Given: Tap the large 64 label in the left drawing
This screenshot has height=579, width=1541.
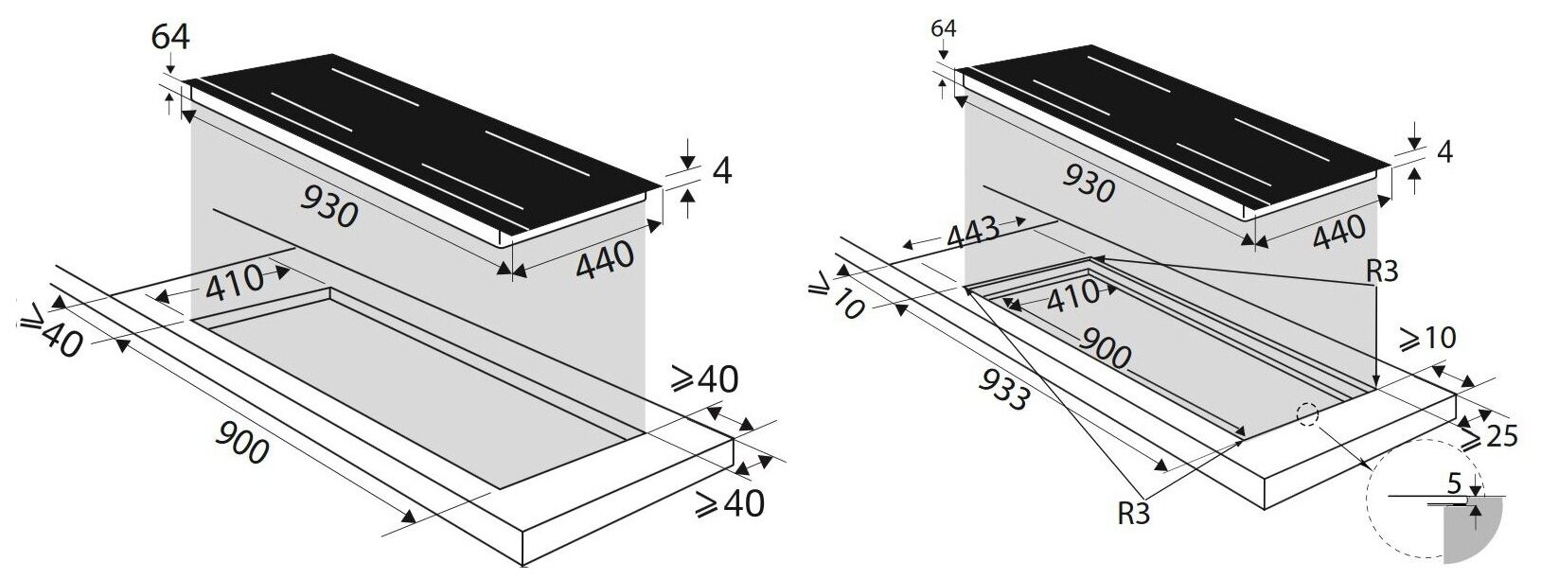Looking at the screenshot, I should coord(170,37).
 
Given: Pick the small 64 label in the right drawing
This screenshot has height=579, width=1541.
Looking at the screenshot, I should coord(944,28).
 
